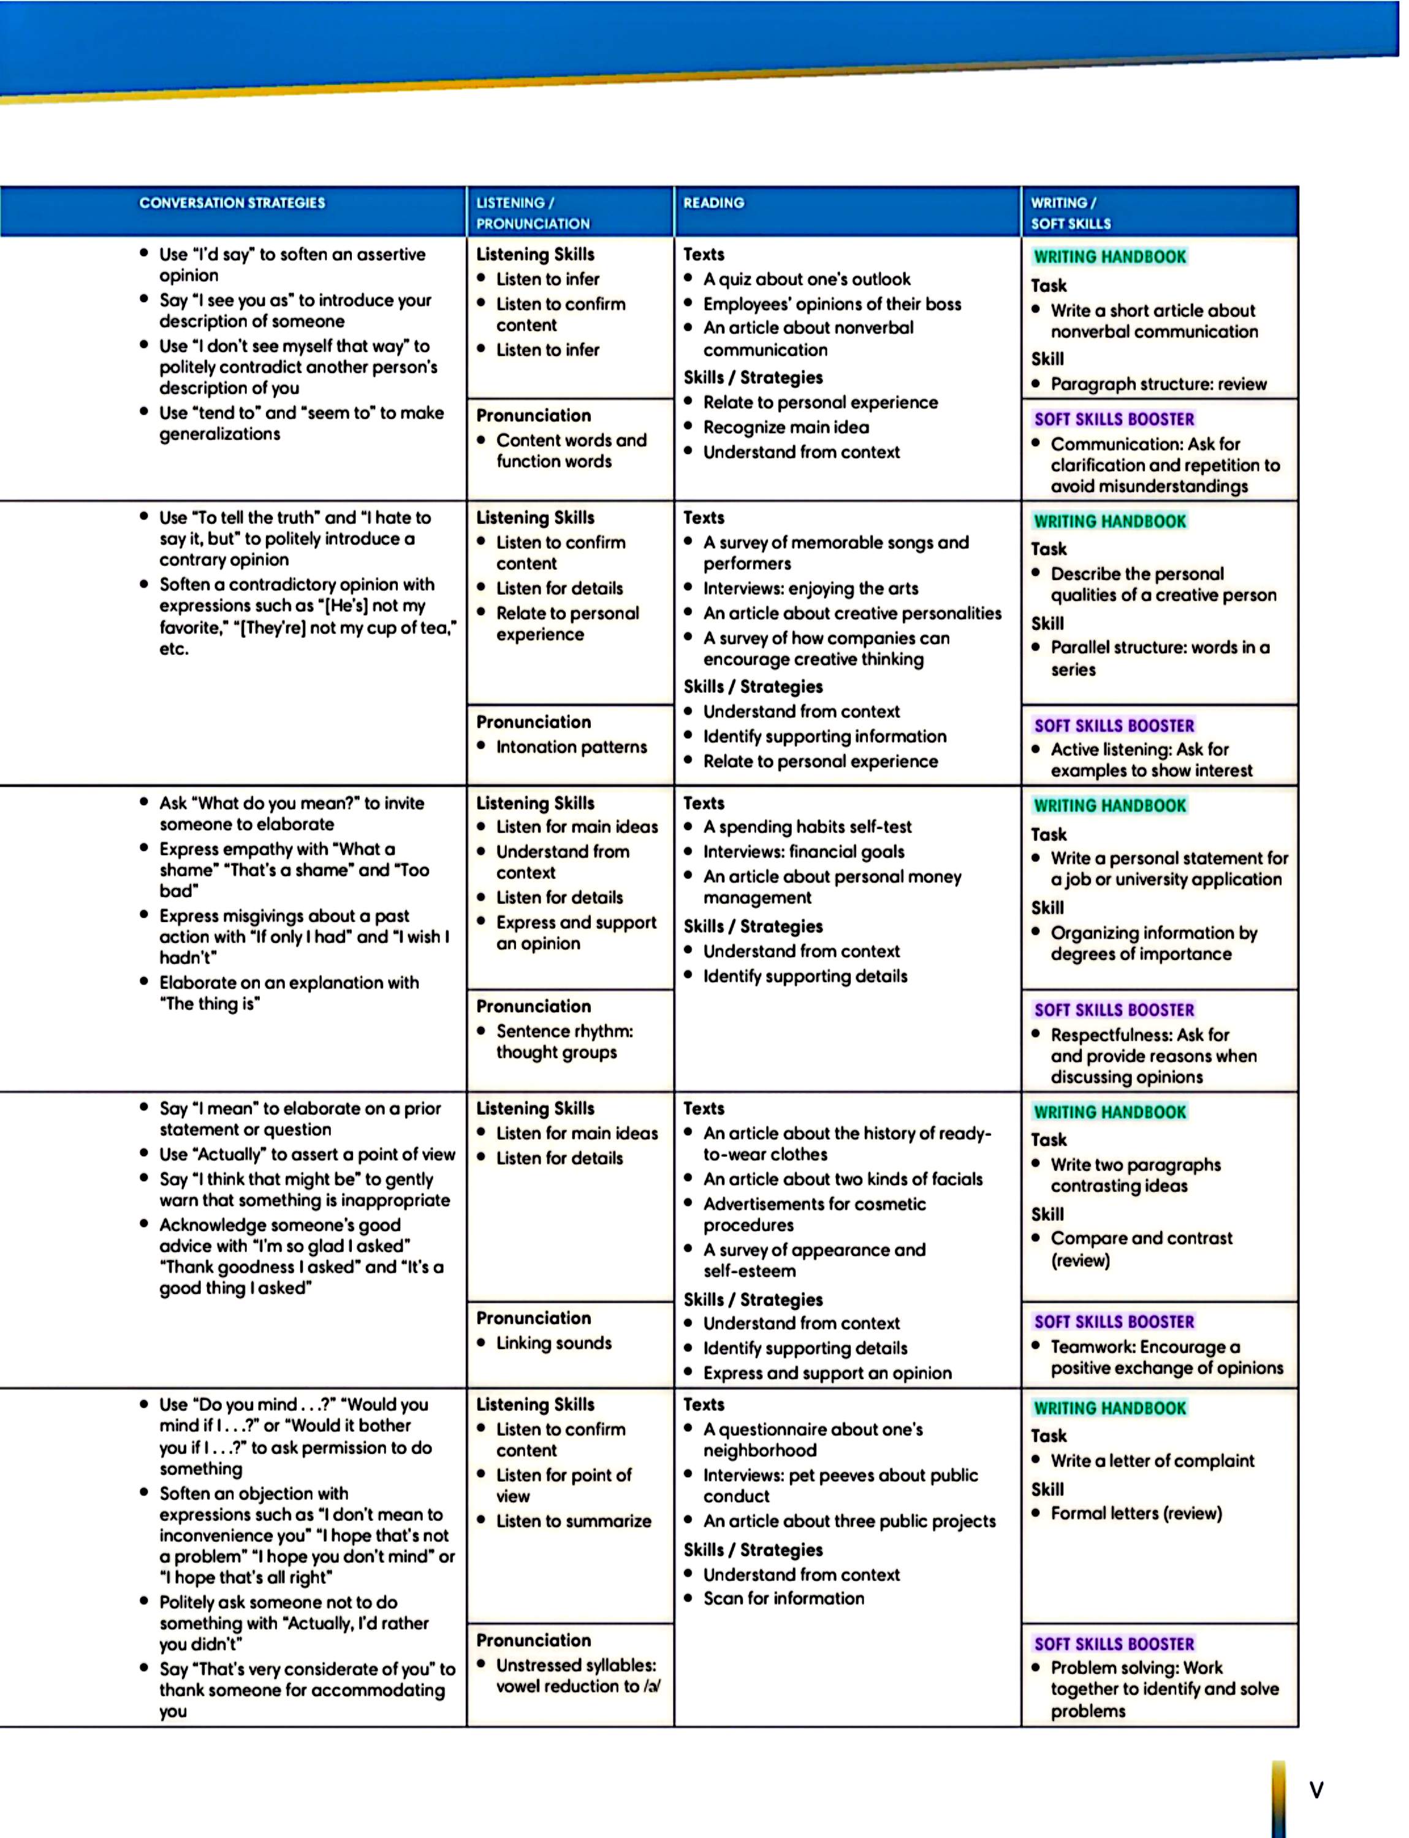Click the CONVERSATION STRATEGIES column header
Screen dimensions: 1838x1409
[x=232, y=203]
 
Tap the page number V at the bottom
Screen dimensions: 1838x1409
[x=1316, y=1790]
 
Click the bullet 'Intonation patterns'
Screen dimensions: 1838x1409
[x=571, y=747]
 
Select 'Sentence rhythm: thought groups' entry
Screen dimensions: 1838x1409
[x=564, y=1042]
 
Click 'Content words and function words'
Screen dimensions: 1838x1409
[x=571, y=450]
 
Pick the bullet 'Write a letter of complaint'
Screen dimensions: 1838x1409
[x=1152, y=1461]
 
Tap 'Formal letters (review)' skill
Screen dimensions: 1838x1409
[x=1136, y=1513]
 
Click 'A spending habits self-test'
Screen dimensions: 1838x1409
[x=807, y=826]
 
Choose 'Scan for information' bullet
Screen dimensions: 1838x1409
[x=783, y=1598]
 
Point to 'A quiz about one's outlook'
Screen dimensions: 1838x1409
[x=806, y=279]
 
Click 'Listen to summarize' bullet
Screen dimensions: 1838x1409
[x=573, y=1521]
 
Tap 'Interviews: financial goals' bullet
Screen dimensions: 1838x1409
[x=803, y=852]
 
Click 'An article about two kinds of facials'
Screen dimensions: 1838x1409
[x=842, y=1179]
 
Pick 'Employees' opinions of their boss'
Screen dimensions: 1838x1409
[x=832, y=304]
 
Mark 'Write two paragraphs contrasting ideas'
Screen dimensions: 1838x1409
[x=1135, y=1174]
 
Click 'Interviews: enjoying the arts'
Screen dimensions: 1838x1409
[x=810, y=589]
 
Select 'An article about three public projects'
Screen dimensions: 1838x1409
[x=849, y=1521]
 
